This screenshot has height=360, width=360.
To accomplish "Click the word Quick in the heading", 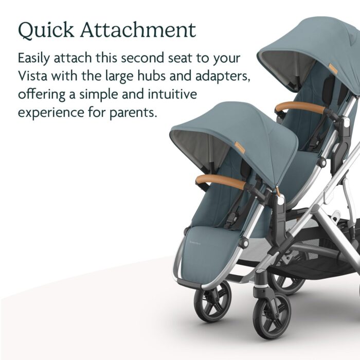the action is tap(46, 30).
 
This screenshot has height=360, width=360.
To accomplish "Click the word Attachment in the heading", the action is tap(138, 30).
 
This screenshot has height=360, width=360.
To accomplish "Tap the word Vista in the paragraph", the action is tap(32, 76).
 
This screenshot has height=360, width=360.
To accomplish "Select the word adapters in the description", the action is tap(223, 77).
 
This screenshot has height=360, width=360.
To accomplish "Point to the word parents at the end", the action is tap(133, 113).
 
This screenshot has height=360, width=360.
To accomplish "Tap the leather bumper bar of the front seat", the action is tap(221, 181).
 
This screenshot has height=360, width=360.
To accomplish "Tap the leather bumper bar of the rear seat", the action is tap(301, 107).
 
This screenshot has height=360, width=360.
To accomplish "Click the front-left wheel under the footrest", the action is tap(212, 301).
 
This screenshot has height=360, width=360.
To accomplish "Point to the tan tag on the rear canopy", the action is tap(333, 69).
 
